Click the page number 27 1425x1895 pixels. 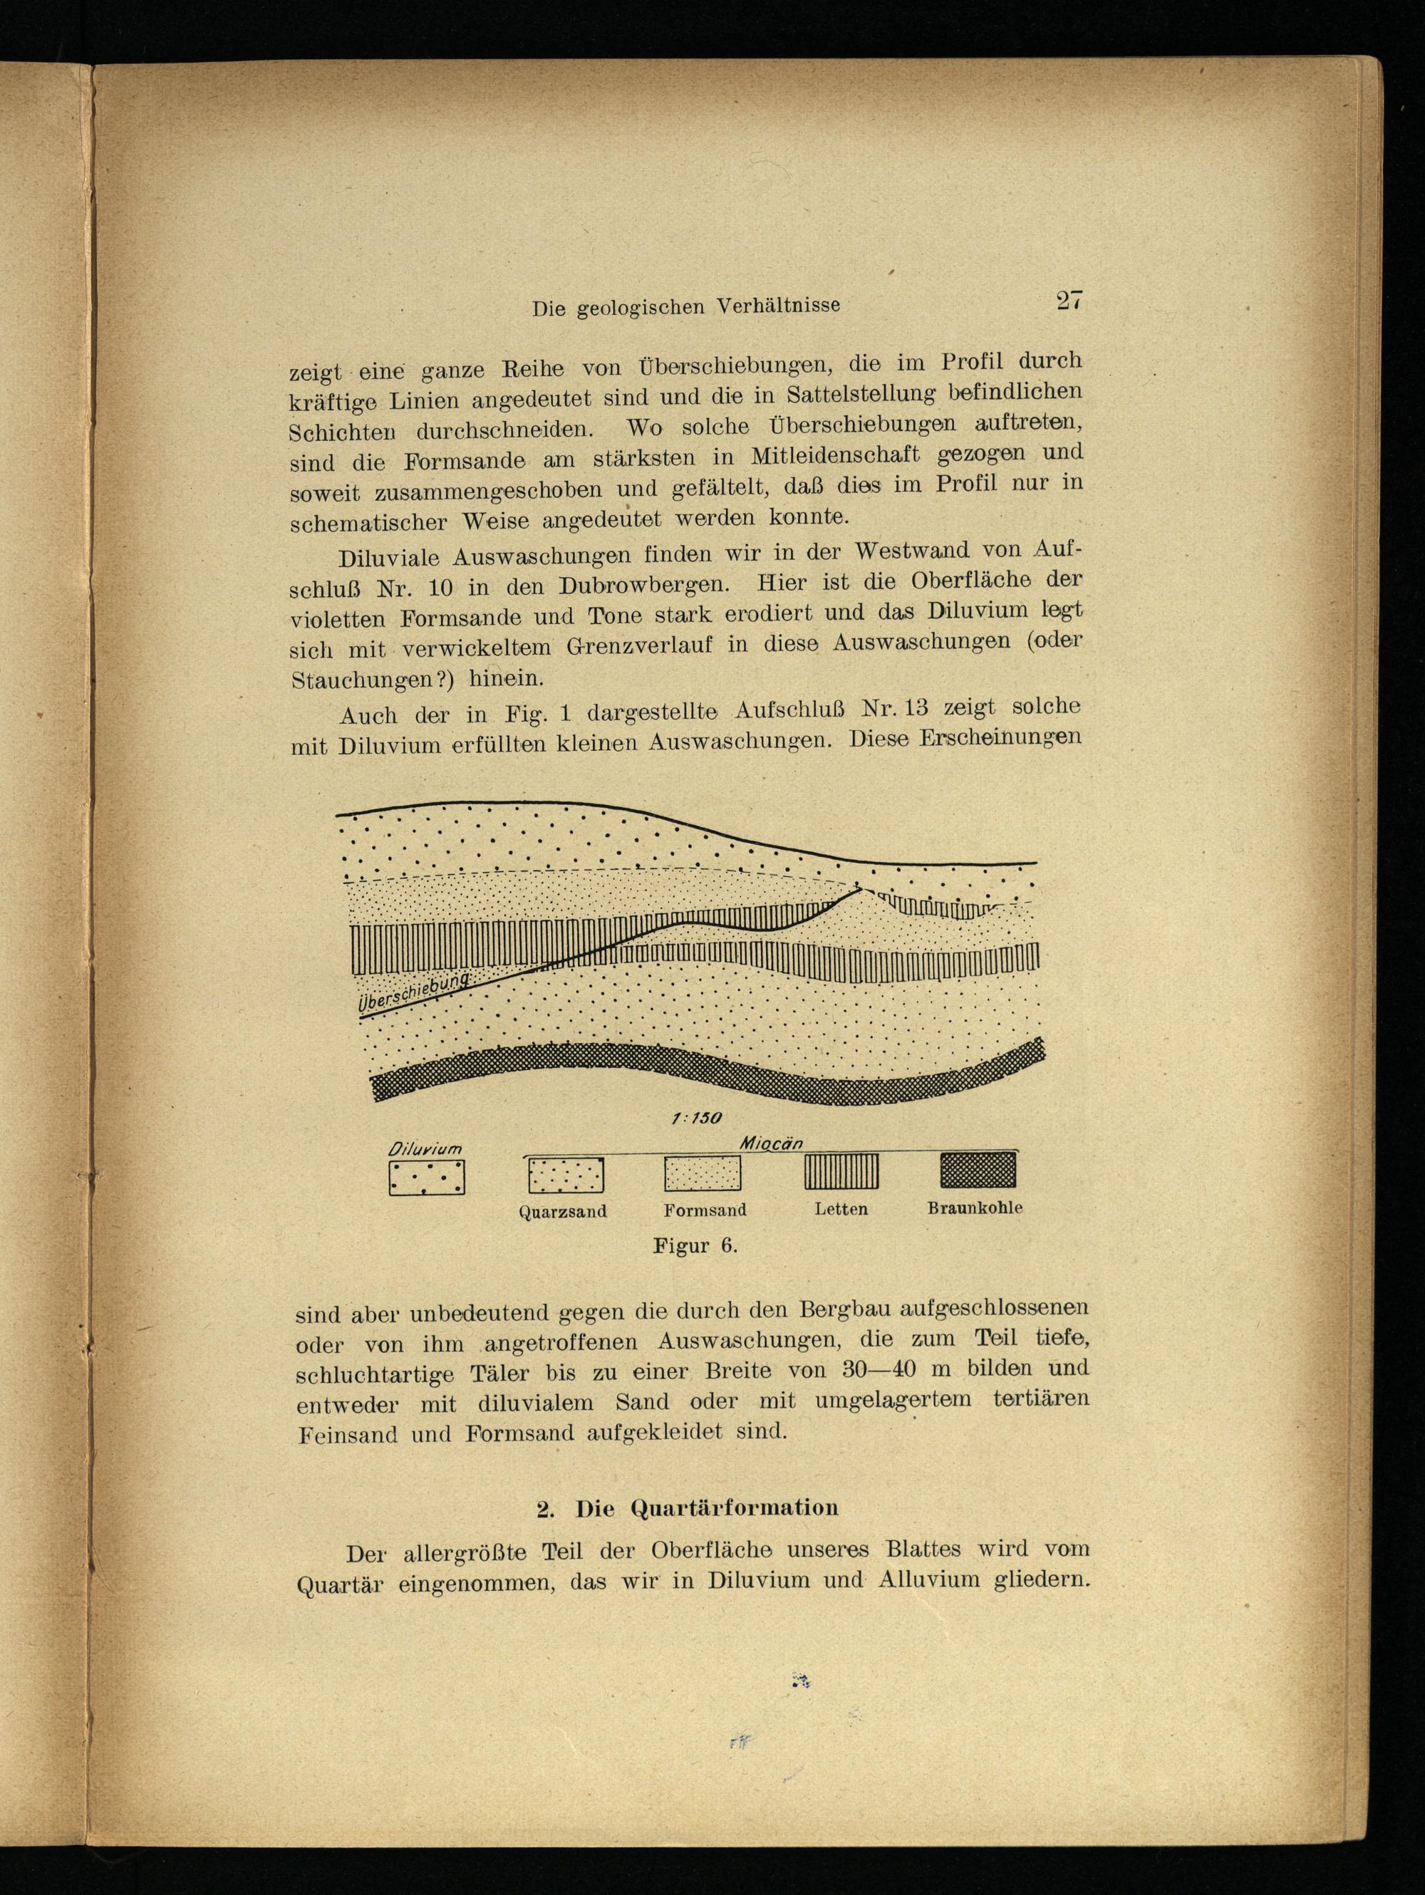click(1070, 301)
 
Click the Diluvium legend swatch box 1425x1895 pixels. click(427, 1178)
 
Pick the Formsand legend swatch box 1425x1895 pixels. click(703, 1173)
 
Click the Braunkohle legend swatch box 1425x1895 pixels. click(978, 1169)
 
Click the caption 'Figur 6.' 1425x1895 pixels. click(695, 1245)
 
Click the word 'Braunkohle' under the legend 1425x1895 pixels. click(975, 1209)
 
